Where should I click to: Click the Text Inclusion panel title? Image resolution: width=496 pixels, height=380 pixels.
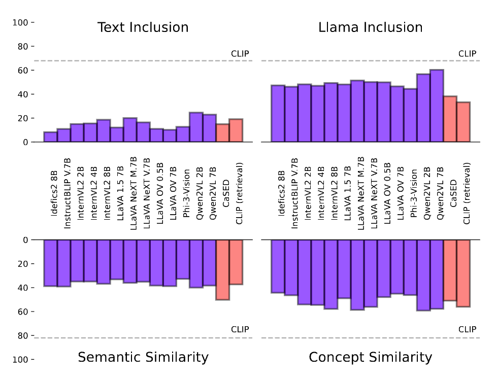143,27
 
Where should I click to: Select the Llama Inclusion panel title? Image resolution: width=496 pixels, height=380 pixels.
370,27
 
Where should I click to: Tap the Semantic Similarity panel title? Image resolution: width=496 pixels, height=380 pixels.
143,357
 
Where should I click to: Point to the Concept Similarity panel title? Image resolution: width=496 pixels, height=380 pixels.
370,357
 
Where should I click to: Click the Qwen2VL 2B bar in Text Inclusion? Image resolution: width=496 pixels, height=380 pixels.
196,127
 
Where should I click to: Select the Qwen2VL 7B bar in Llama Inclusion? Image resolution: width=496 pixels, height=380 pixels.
437,106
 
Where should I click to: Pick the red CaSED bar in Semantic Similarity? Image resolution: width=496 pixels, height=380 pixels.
222,269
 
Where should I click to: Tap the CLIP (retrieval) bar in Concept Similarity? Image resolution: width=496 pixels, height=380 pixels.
463,273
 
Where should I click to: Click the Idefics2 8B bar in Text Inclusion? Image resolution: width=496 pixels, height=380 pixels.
50,137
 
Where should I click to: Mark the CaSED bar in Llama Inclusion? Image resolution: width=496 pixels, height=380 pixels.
450,119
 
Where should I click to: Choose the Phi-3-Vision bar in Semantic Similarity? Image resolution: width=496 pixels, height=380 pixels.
183,259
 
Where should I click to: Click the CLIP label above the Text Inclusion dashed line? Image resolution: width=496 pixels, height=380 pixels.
240,53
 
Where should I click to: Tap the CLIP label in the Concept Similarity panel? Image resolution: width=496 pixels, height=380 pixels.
467,329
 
